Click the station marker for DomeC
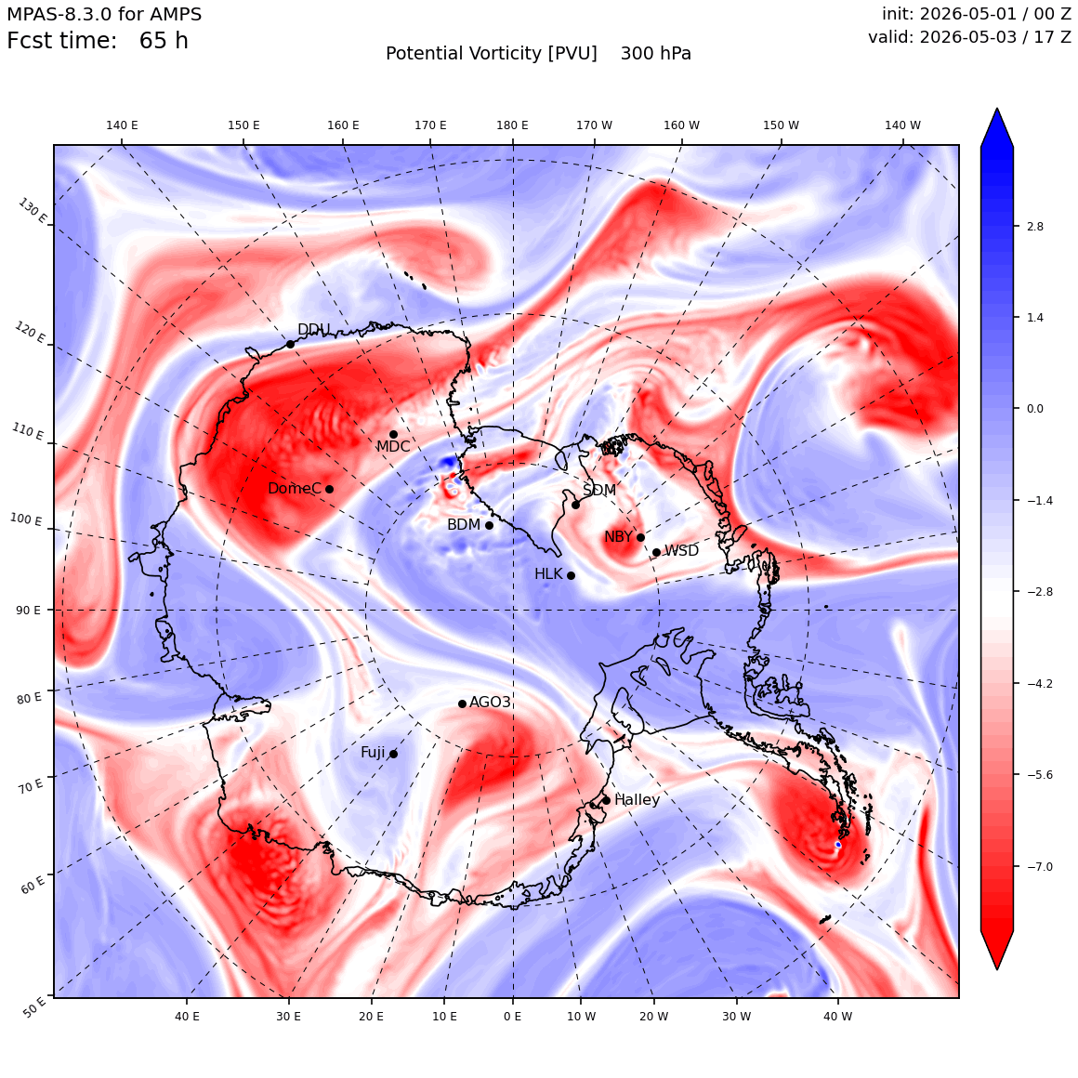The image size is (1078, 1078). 329,489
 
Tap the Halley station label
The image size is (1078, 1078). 637,799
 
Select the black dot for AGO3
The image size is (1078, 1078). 462,703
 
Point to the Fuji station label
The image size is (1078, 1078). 373,753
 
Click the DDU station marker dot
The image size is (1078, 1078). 290,344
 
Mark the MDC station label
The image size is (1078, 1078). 392,447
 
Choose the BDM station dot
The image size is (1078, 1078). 489,525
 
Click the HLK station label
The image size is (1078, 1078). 548,573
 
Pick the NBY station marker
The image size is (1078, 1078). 640,538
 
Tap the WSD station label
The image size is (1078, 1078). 681,551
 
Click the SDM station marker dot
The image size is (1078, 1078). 575,505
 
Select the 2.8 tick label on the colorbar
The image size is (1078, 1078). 1034,226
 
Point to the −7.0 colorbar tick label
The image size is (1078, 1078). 1039,866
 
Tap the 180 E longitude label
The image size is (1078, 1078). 512,125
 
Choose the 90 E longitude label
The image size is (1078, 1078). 28,611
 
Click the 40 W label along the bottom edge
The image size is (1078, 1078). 837,1016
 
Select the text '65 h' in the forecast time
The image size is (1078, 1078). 164,41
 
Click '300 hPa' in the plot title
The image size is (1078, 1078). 656,54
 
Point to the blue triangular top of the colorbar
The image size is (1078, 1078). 997,127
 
